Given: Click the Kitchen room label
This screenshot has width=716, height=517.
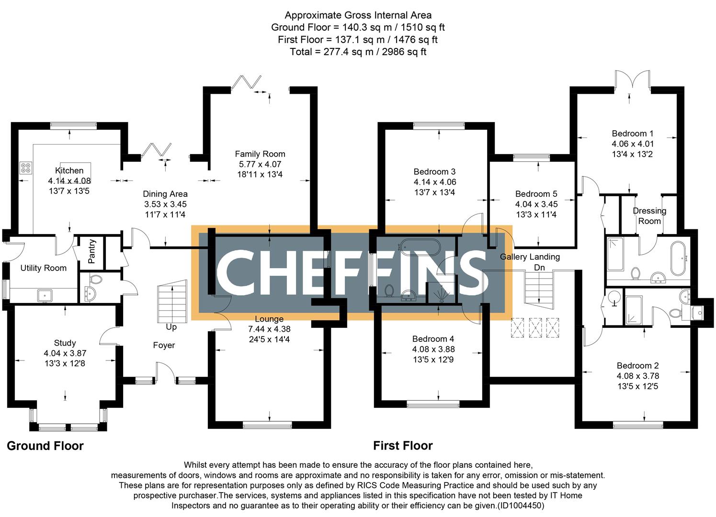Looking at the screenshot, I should tap(69, 170).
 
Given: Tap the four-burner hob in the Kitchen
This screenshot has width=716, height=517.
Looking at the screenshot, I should tap(26, 168).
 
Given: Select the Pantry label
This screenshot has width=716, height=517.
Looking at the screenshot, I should tap(92, 251).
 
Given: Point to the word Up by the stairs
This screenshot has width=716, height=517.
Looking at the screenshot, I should tap(171, 327).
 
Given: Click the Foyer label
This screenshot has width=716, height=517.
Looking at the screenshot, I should tap(164, 345).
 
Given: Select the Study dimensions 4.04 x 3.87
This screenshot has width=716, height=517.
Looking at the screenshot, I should tap(65, 353).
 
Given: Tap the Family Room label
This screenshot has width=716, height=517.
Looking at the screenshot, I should tap(260, 154).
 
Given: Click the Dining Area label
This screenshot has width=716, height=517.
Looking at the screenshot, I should tap(165, 194).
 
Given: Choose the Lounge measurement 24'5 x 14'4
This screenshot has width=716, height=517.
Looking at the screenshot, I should tap(269, 339).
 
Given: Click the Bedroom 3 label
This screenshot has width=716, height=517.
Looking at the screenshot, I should tap(434, 171).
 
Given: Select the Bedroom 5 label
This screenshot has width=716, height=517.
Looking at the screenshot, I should tap(536, 194).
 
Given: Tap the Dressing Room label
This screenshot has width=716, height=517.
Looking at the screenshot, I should tap(649, 216).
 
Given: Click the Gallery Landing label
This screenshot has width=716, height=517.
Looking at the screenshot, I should tap(530, 257).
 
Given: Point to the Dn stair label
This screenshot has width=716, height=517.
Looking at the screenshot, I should tap(539, 268).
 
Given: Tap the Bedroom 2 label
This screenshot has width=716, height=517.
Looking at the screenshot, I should tap(637, 365).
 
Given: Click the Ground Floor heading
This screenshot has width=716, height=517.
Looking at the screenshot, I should tap(45, 446).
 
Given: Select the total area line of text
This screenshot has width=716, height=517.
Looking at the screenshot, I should tap(358, 52).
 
